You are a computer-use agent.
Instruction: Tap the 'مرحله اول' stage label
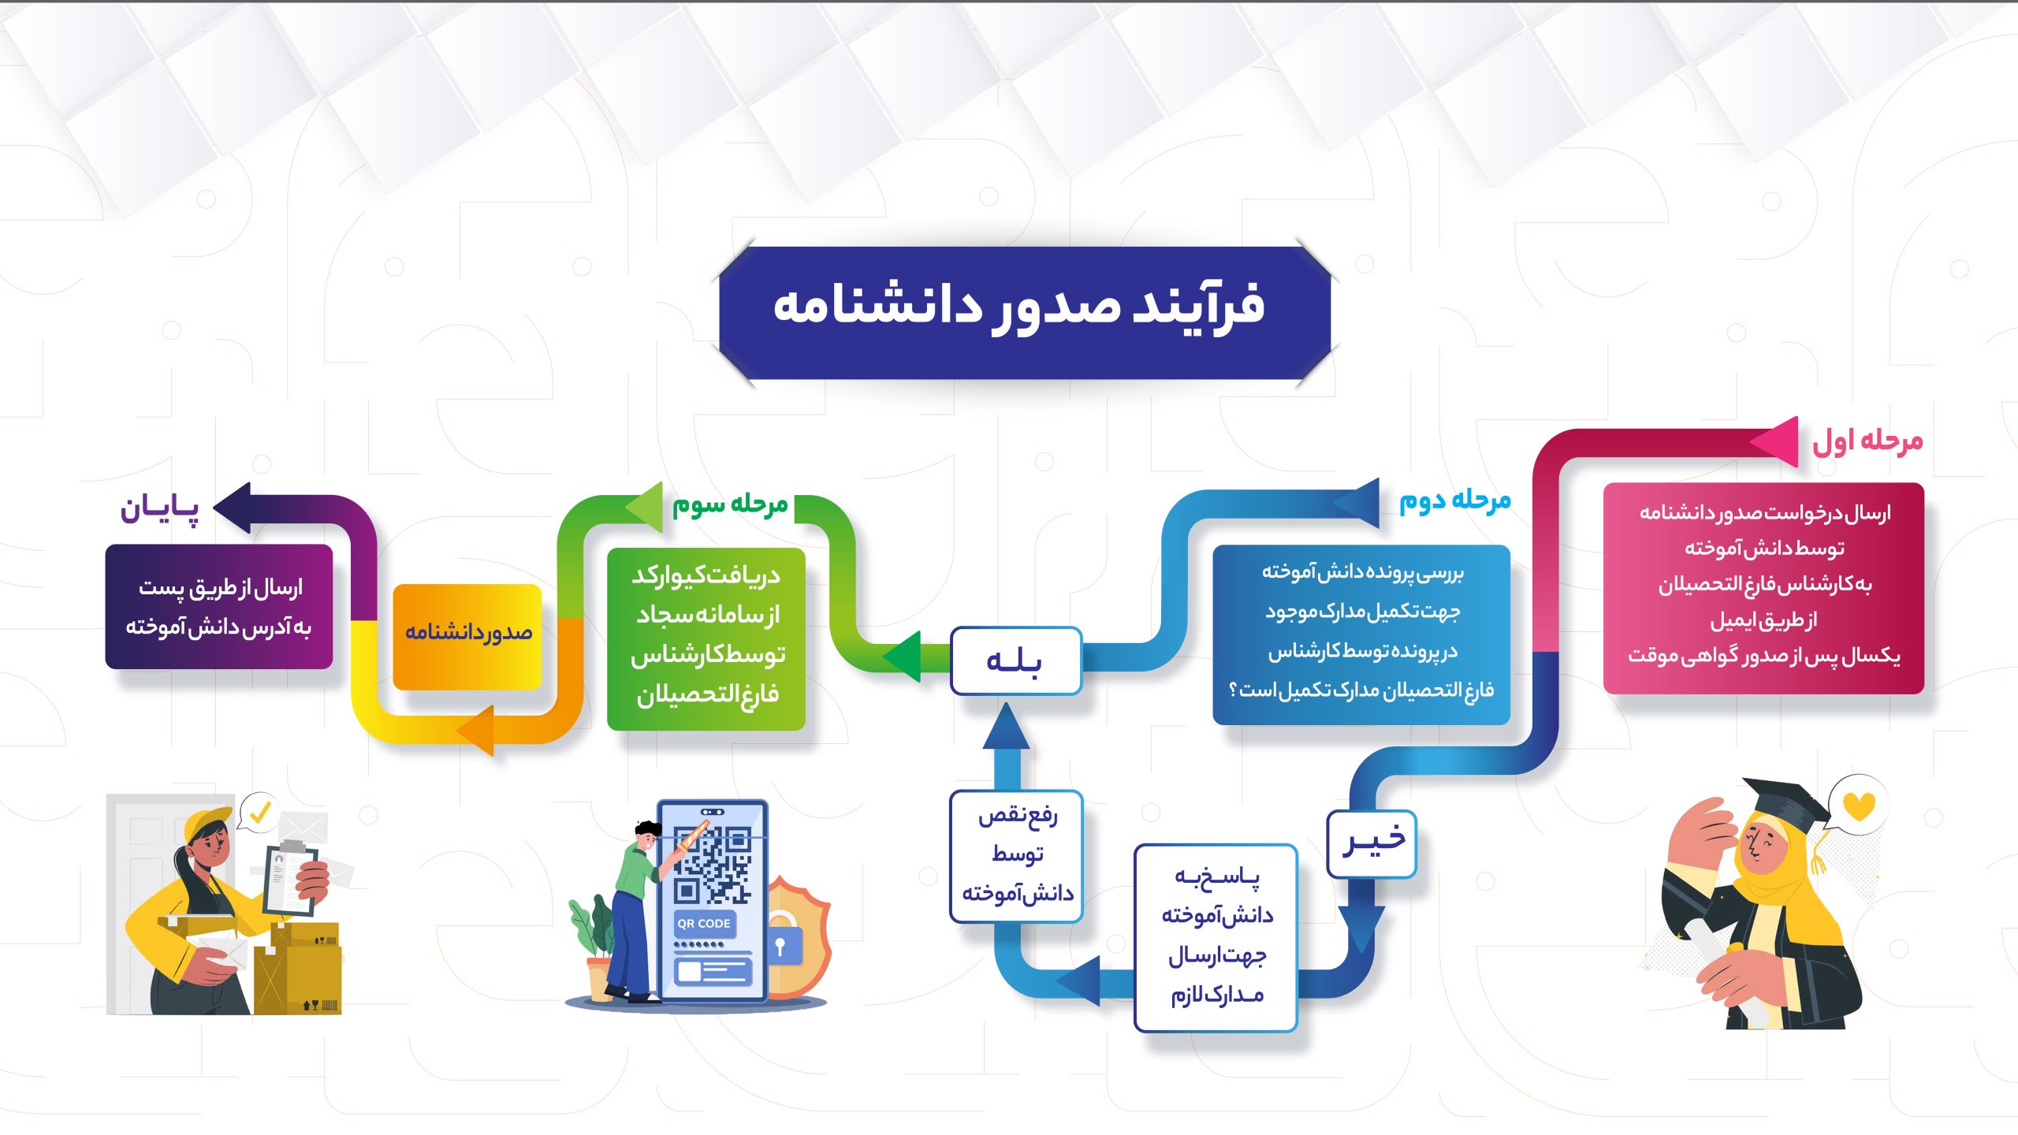coord(1867,441)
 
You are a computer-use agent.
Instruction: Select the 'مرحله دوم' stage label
coord(1455,501)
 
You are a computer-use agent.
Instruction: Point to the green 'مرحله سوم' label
coord(730,504)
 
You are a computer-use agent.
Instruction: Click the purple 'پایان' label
coord(159,508)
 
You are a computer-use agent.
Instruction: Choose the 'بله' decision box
coord(1015,661)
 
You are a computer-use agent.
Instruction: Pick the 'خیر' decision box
coord(1372,843)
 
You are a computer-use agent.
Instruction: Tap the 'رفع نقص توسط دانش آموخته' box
coord(1017,856)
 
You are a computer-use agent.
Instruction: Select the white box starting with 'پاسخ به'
coord(1216,937)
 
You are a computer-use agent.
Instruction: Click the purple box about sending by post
coord(219,606)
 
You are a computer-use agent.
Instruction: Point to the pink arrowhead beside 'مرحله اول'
coord(1775,441)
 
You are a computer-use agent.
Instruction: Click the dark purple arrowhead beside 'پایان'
coord(233,508)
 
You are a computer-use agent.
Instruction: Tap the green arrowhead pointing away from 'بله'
coord(903,657)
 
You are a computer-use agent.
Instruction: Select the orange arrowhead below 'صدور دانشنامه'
coord(475,730)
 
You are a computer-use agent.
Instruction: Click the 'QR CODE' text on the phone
coord(704,923)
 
